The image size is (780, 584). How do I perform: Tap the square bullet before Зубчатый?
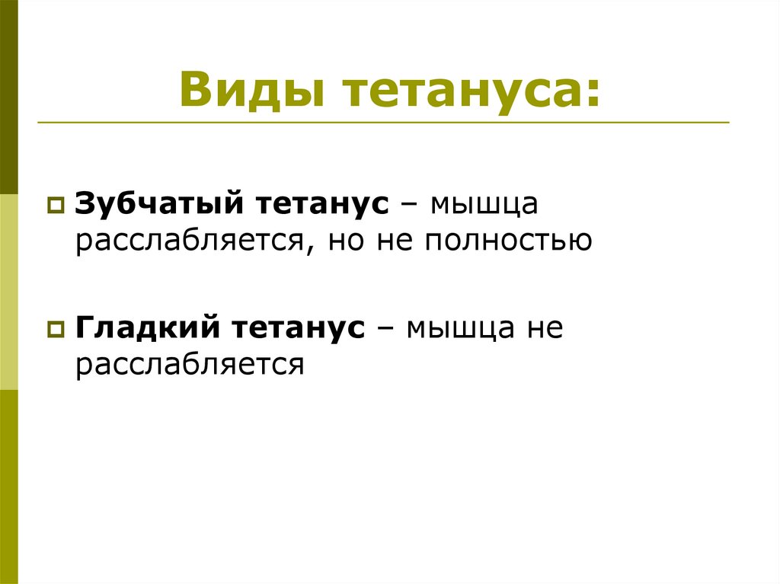click(x=56, y=206)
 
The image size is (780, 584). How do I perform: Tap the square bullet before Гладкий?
click(x=56, y=330)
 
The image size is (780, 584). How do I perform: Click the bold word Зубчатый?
click(x=159, y=204)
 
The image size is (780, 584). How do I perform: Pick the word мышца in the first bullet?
click(x=485, y=206)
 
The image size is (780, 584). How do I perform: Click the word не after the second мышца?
click(x=542, y=329)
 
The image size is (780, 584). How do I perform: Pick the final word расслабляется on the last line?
click(x=190, y=365)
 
